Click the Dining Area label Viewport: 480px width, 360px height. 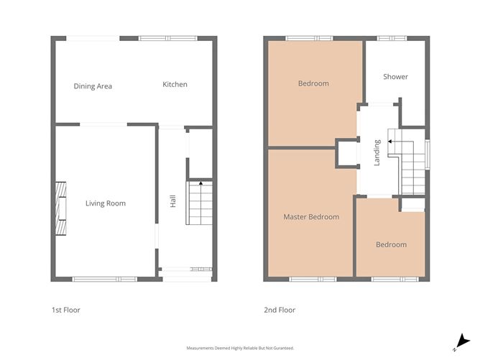point(93,86)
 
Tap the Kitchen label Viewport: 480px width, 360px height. point(175,85)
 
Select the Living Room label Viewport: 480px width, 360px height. point(106,204)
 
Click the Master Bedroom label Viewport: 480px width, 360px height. point(311,217)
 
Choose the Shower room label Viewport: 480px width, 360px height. point(395,77)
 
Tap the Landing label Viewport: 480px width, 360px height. point(377,153)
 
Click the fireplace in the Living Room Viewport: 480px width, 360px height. point(61,208)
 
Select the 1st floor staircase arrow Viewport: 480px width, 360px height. point(200,184)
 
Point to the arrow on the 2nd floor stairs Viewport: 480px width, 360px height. point(390,142)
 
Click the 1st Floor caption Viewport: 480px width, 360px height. point(65,310)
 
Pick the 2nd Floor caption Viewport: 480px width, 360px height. point(280,310)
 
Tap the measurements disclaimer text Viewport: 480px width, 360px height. point(240,348)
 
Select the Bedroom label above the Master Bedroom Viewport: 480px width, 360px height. point(313,83)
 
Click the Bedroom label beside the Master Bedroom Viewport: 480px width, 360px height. point(391,245)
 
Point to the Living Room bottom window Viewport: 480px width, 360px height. point(104,279)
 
